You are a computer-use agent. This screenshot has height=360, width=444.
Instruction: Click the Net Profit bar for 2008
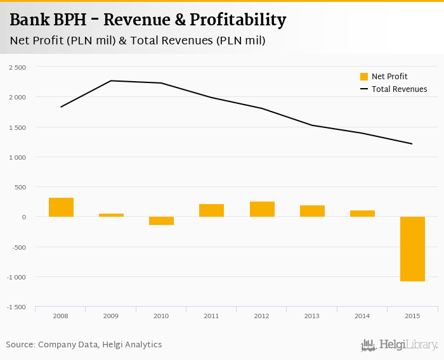61,207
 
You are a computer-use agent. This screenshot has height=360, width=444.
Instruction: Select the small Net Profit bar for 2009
111,215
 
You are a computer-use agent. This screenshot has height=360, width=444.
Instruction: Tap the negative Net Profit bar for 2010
161,221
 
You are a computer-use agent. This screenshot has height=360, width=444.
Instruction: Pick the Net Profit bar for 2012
262,209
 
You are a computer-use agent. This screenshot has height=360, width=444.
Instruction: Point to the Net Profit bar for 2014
362,214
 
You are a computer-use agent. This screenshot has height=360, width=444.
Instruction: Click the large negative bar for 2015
412,249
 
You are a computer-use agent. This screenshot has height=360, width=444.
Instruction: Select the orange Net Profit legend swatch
364,77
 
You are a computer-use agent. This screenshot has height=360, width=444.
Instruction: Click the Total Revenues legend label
399,89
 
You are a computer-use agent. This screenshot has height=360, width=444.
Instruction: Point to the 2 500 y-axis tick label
17,67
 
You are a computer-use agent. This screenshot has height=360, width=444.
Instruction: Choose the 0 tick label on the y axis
23,217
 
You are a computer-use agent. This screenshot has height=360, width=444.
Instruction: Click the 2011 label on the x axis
211,315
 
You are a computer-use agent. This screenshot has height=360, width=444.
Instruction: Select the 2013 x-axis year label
312,315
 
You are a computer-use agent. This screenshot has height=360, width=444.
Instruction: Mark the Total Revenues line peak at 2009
111,80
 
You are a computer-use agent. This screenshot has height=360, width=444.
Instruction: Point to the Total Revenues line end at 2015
412,144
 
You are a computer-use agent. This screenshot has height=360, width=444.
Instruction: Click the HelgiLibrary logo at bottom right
399,345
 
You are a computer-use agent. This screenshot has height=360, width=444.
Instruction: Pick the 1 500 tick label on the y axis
17,127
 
